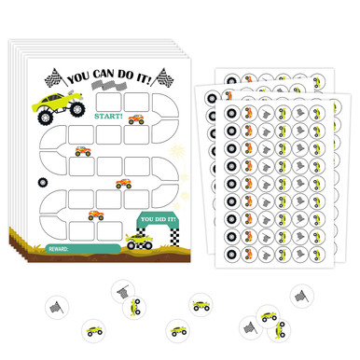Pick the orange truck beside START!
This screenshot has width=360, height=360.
135,119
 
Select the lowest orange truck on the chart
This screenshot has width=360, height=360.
96,215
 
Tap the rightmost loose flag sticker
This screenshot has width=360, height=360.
300,296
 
